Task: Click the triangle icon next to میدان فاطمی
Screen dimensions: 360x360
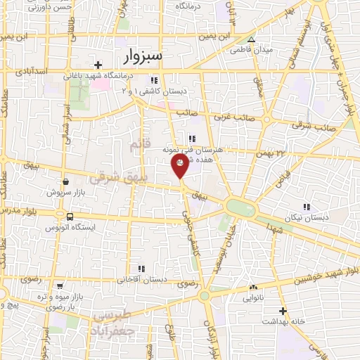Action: tap(251, 39)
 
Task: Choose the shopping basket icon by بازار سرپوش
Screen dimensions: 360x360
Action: tap(65, 181)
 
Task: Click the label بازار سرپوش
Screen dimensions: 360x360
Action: tap(65, 192)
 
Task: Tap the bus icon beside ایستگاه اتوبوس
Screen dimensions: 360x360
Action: tap(70, 217)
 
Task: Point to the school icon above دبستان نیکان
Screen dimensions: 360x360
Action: tap(307, 207)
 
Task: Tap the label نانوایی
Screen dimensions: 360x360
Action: tap(253, 297)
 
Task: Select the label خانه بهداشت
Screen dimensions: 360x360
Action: tap(283, 321)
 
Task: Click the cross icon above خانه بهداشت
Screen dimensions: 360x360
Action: tap(283, 310)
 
